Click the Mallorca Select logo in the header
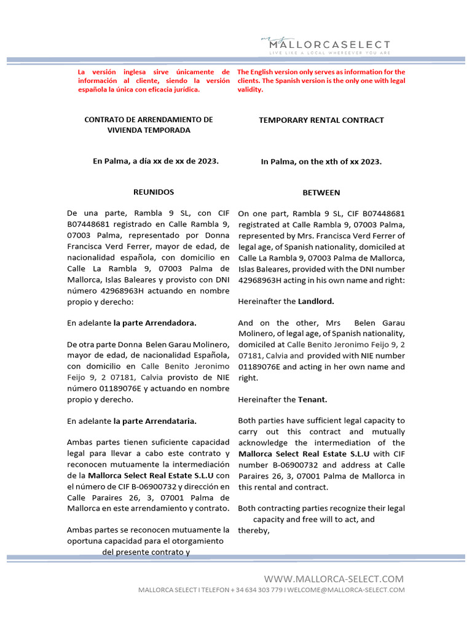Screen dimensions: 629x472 tap(325, 43)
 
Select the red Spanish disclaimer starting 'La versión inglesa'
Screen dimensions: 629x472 tap(154, 81)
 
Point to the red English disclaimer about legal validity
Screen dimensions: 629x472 tap(321, 81)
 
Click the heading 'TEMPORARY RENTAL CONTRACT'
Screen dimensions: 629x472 tap(321, 120)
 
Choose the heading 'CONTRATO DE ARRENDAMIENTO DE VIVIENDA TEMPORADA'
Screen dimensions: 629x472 tap(149, 125)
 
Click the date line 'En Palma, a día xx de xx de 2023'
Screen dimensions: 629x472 tap(155, 161)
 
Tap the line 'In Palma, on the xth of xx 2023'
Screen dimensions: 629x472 tap(321, 162)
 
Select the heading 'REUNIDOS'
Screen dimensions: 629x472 tap(154, 192)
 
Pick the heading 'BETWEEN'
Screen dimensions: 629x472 tap(321, 193)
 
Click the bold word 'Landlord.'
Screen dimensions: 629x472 tap(316, 302)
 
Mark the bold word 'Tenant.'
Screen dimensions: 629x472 tap(313, 399)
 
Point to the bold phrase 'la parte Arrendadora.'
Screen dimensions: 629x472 tap(155, 322)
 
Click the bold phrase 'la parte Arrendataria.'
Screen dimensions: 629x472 tap(155, 421)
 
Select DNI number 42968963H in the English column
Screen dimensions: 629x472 tap(262, 280)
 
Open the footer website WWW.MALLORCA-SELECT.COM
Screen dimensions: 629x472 tap(334, 579)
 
